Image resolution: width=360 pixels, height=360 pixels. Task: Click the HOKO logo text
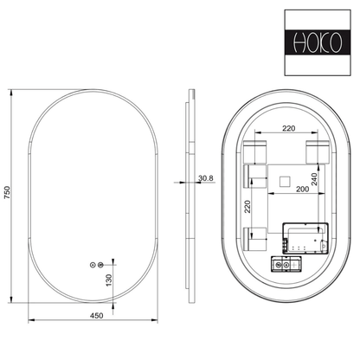click(x=318, y=43)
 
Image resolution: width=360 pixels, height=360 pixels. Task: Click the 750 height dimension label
click(x=7, y=192)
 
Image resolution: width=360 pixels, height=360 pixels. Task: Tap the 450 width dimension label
click(x=96, y=316)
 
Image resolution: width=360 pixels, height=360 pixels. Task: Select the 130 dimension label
click(x=109, y=280)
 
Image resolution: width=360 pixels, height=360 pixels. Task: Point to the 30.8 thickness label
click(x=206, y=178)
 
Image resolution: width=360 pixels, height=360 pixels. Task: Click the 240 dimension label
click(x=314, y=179)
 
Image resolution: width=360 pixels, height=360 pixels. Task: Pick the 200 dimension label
click(x=302, y=190)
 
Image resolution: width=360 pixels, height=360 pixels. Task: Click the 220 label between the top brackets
click(x=288, y=128)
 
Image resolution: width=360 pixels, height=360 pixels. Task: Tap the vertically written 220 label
click(x=247, y=207)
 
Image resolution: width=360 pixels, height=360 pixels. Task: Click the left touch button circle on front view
click(x=93, y=265)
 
